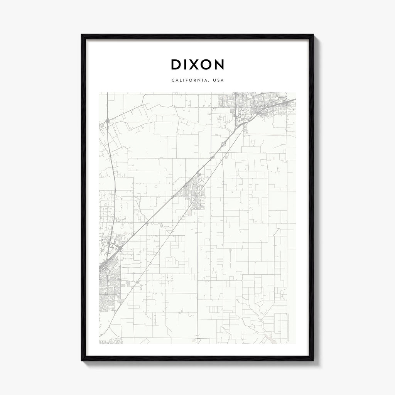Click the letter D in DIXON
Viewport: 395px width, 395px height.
[x=176, y=65]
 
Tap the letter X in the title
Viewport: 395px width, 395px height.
[x=193, y=65]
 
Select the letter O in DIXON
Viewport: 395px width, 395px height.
[x=205, y=65]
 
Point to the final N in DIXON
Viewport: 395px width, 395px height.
[x=219, y=65]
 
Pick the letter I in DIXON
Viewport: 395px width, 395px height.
[x=185, y=65]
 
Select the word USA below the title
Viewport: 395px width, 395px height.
[x=219, y=81]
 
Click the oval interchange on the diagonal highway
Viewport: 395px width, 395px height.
[x=223, y=144]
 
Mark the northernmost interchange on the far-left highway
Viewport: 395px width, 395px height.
[x=107, y=121]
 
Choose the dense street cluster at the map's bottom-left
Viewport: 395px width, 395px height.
[x=110, y=285]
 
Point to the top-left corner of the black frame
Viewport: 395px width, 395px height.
[x=82, y=35]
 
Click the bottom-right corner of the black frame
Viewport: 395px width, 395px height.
[x=313, y=360]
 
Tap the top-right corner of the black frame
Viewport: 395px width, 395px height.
[x=313, y=35]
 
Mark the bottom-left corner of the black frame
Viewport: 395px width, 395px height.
[x=82, y=360]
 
